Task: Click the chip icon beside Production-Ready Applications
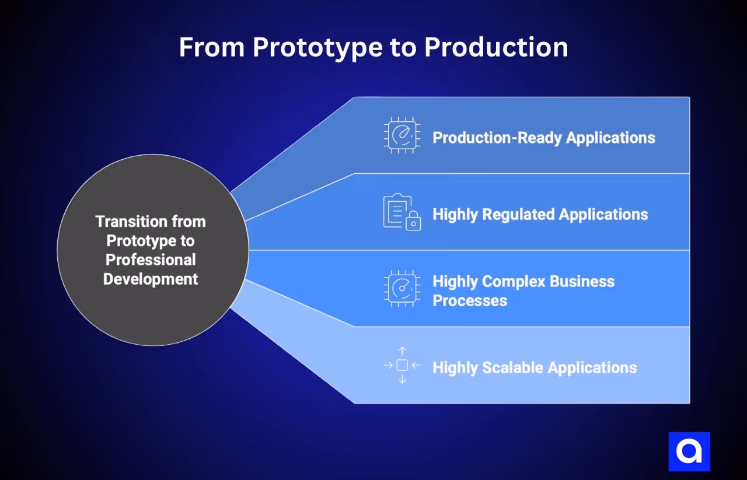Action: coord(402,135)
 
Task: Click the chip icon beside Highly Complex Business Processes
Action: coord(402,289)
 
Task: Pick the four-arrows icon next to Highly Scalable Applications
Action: coord(402,366)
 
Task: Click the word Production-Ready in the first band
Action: coord(497,138)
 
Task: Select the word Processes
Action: coord(469,301)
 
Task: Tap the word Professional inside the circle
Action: coord(150,260)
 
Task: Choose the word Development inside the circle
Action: coord(151,279)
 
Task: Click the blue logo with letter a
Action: coord(689,451)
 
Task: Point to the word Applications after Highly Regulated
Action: coord(603,215)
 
